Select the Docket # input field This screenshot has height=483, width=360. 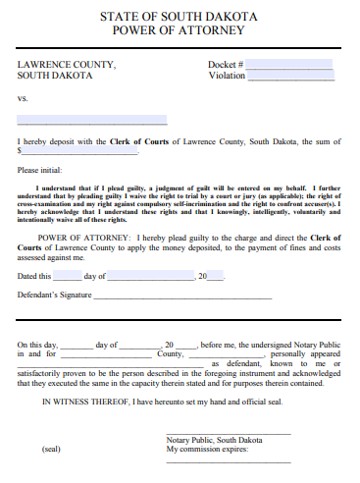coord(289,64)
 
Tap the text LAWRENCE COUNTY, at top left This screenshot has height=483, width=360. coord(66,65)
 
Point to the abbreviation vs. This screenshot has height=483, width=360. coord(23,98)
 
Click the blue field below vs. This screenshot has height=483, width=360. coord(91,121)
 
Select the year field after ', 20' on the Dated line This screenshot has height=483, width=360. coord(218,277)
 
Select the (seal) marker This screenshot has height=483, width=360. coord(51,449)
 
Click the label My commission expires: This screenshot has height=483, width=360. coord(208,449)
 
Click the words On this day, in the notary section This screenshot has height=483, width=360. coord(37,346)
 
